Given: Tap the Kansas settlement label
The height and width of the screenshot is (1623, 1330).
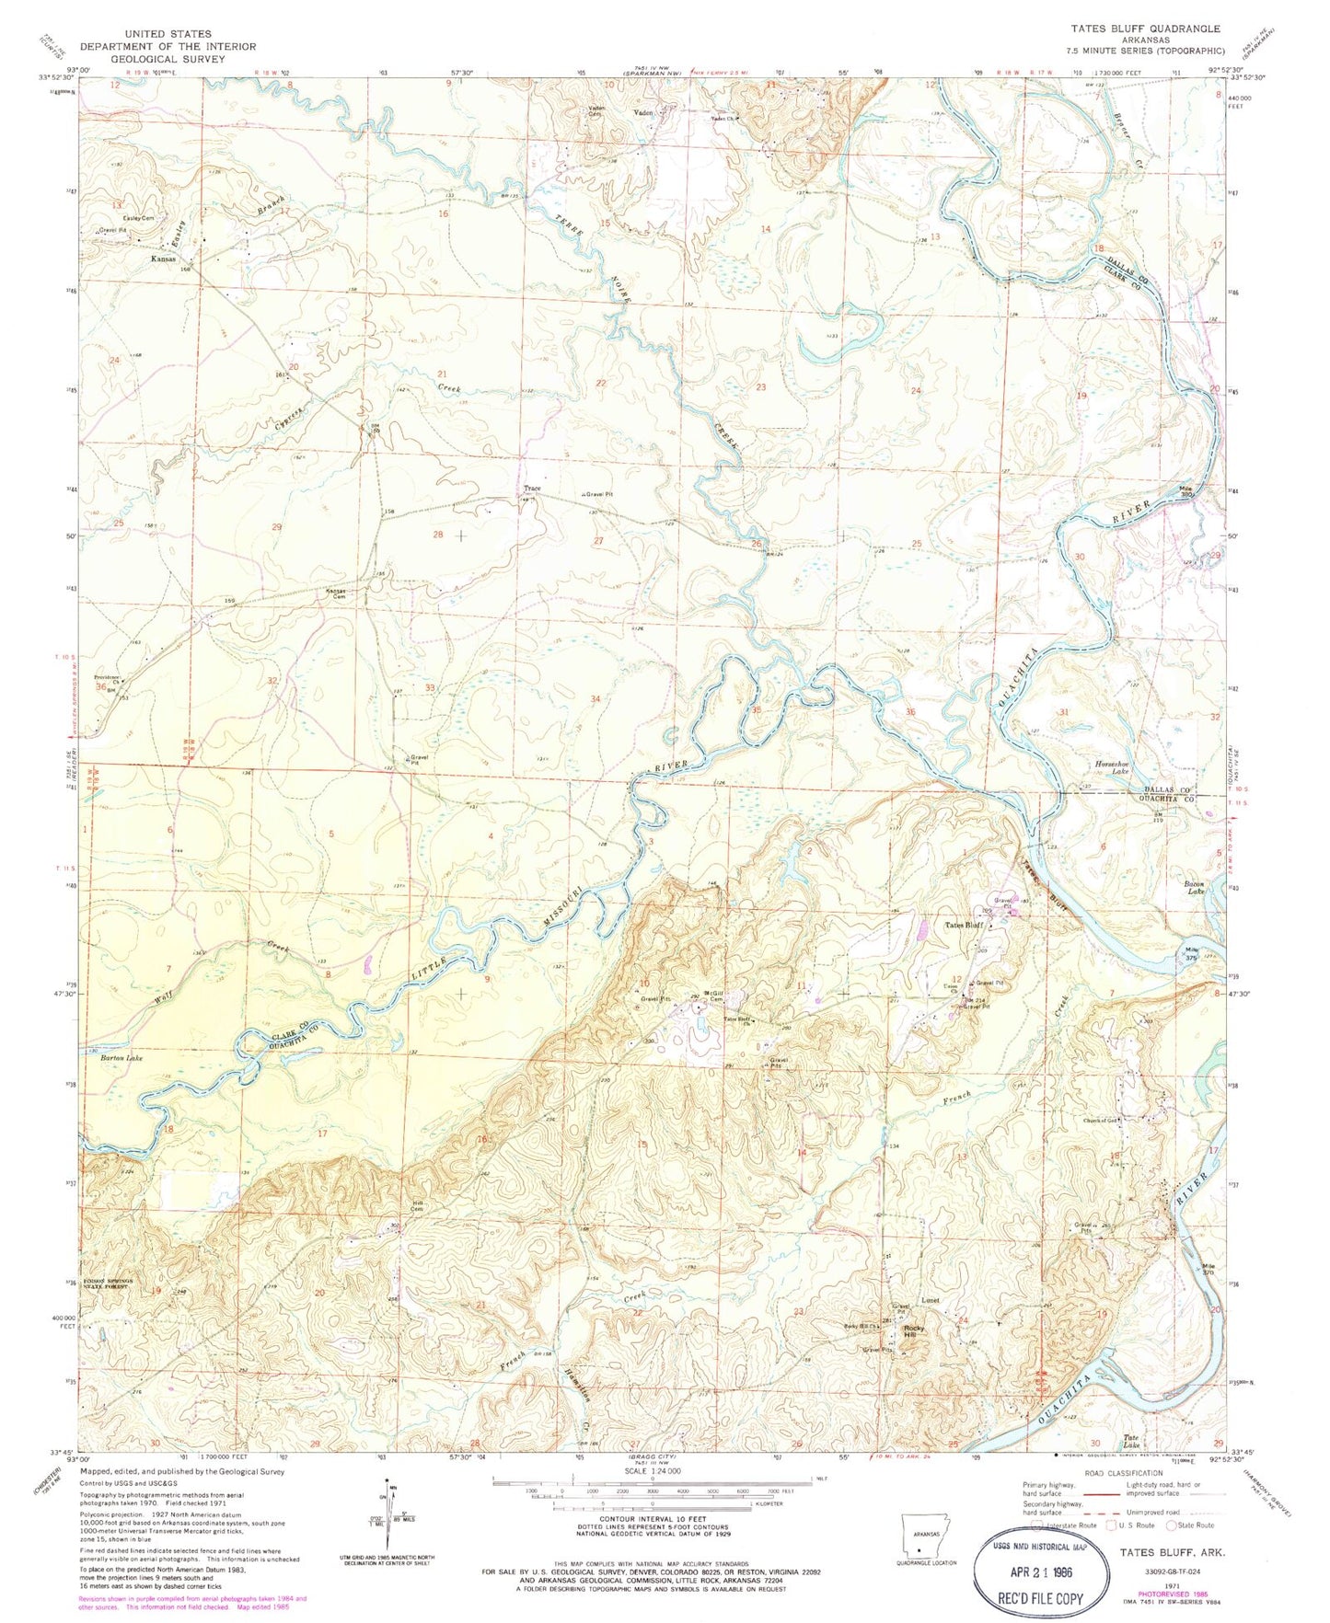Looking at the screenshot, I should [164, 259].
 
